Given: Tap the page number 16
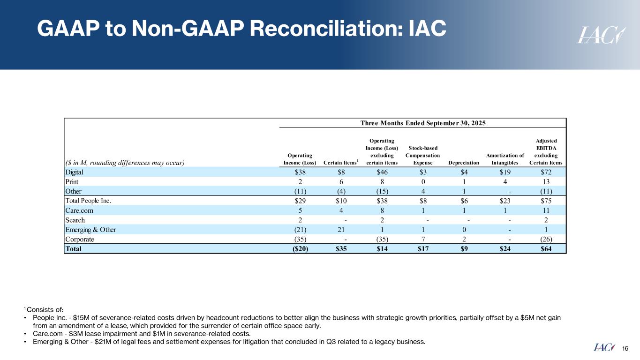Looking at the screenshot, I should click(625, 348).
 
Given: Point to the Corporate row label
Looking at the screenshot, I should click(80, 239).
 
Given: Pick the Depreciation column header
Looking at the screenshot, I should click(464, 163).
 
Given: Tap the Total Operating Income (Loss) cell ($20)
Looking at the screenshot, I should click(300, 249).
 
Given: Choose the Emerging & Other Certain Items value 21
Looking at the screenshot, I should click(341, 230).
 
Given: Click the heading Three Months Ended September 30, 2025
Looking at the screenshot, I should click(422, 123).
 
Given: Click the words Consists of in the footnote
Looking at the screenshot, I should click(45, 309).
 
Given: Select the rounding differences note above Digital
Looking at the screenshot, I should click(125, 163).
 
